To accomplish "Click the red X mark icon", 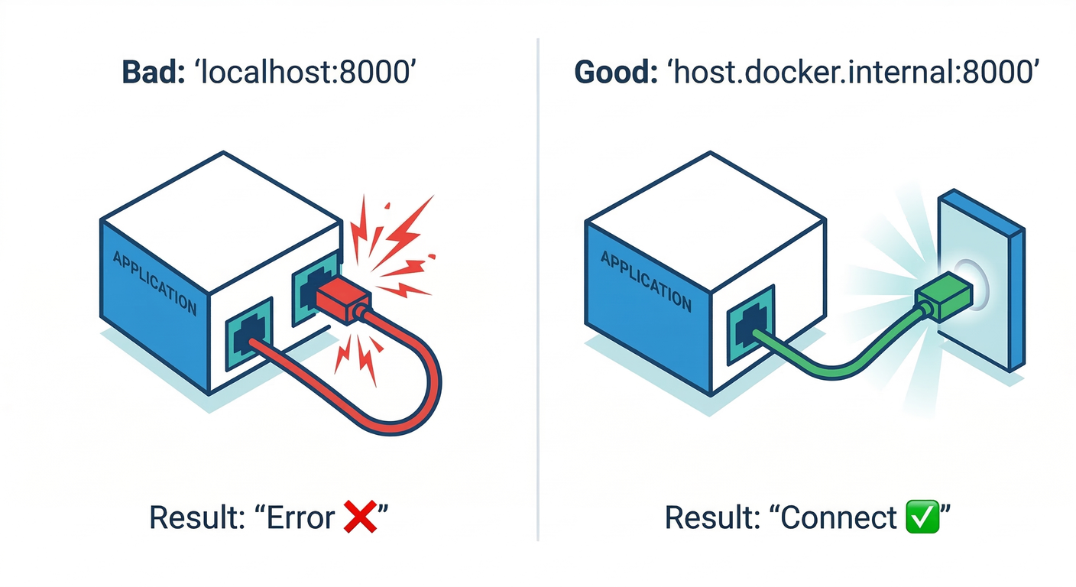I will [360, 517].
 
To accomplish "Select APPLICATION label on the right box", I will [646, 281].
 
